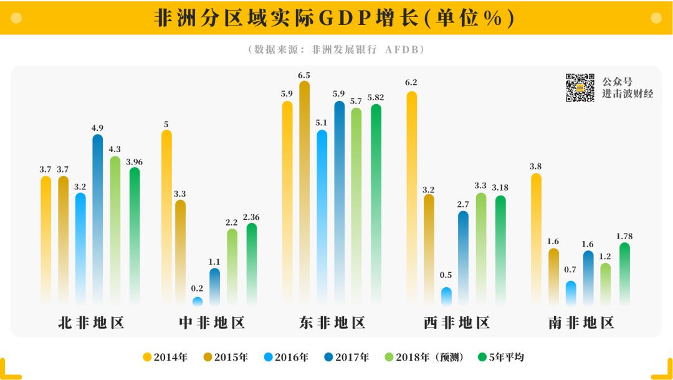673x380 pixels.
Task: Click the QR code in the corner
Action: coord(580,88)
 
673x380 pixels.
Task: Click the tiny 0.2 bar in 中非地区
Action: coord(198,302)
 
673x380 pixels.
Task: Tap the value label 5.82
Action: coord(376,98)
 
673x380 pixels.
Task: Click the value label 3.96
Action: coord(135,162)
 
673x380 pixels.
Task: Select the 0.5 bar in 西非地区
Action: coord(446,297)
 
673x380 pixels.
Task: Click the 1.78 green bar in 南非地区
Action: coord(624,274)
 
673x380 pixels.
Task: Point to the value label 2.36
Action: coord(251,217)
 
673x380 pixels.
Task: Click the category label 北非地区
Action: coord(91,323)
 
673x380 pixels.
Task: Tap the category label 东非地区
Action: coord(332,323)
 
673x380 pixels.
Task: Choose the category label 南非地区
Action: coord(581,323)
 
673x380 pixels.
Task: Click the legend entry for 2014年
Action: coord(166,357)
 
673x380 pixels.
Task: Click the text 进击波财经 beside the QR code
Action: coord(628,94)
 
